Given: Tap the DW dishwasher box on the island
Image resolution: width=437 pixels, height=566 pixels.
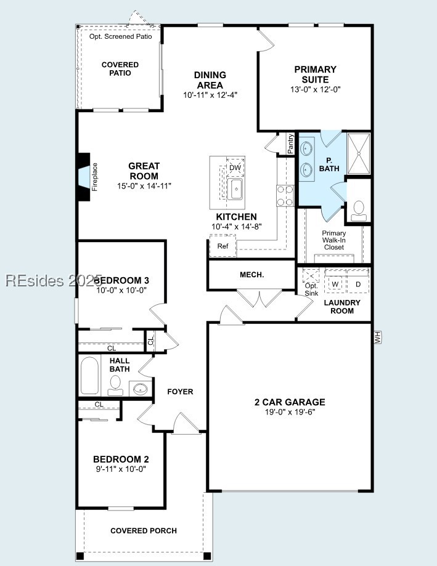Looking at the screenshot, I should click(235, 168).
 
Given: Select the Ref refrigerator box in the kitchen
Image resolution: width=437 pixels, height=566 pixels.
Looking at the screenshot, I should click(222, 246).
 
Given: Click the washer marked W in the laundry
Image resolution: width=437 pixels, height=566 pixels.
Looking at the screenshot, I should click(336, 284).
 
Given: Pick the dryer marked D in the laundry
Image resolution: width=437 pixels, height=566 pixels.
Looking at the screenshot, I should click(358, 284).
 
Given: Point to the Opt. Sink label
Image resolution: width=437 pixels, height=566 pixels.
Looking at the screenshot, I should click(311, 289).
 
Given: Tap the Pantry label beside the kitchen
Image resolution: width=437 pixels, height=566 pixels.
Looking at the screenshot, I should click(290, 144).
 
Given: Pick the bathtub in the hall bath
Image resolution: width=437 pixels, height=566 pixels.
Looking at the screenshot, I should click(90, 375).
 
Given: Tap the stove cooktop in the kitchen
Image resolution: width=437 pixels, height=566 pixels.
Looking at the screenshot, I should click(285, 195).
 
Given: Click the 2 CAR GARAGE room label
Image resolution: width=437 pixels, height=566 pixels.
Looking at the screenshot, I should click(290, 402).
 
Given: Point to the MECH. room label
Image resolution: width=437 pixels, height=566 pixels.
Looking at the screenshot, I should click(251, 275).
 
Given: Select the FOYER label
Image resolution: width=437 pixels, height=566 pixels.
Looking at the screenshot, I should click(180, 392).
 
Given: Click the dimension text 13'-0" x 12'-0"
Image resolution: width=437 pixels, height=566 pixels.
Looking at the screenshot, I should click(316, 89).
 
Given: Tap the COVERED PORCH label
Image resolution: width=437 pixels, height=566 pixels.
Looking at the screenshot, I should click(144, 531).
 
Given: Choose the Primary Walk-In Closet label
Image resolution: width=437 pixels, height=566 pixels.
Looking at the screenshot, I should click(334, 240).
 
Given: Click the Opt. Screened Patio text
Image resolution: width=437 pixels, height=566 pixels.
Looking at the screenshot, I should click(120, 36).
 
